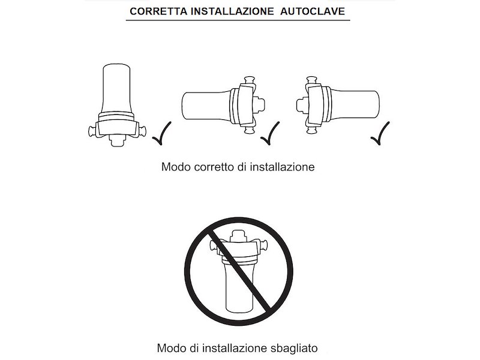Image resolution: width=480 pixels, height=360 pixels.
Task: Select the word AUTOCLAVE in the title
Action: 313,11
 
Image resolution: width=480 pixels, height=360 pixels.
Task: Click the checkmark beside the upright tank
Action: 162,133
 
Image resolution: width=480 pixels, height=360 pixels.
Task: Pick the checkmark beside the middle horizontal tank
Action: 270,133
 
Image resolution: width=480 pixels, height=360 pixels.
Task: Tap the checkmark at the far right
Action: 380,133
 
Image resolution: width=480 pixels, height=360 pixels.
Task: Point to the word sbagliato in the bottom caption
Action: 294,348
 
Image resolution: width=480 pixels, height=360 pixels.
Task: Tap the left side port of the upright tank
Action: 92,132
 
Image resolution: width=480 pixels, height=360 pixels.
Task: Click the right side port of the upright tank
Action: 141,132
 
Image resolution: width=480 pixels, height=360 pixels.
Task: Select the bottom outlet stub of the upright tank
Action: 117,141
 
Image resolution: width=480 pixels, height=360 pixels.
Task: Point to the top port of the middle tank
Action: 250,81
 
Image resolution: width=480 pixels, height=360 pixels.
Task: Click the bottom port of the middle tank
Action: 250,130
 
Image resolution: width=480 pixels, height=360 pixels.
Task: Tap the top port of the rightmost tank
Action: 311,81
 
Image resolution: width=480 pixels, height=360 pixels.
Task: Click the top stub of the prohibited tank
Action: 238,235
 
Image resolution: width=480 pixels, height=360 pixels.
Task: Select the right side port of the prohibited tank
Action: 263,245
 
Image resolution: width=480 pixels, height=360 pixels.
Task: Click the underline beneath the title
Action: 238,20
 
